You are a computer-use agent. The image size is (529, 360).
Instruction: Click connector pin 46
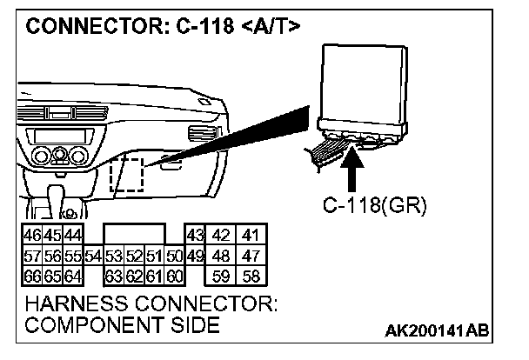tap(31, 236)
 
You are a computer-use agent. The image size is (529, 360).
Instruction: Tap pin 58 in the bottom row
tap(251, 277)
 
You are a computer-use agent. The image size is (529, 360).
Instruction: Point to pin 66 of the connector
tap(31, 277)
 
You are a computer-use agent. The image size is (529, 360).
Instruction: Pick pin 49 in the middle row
tap(194, 257)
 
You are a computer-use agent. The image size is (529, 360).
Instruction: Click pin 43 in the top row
tap(194, 236)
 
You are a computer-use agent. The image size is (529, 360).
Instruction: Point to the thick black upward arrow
tap(353, 170)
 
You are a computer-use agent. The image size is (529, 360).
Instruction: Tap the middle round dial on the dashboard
tap(58, 157)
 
